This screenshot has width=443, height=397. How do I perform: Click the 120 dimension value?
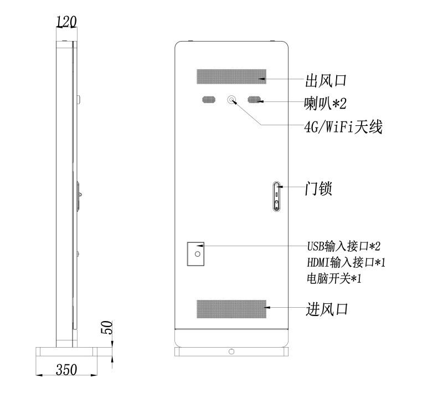click(66, 22)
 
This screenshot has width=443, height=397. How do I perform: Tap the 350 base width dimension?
click(66, 369)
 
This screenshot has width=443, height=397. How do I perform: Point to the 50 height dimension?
click(107, 327)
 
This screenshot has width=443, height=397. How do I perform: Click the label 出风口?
click(326, 80)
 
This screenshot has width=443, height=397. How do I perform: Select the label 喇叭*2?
click(325, 103)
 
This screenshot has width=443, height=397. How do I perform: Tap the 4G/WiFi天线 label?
click(343, 127)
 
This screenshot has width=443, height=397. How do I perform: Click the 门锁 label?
click(318, 189)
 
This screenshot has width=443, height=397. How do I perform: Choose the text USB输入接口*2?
click(344, 246)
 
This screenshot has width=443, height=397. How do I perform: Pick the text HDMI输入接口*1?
click(346, 262)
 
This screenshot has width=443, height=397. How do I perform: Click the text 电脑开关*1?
click(334, 278)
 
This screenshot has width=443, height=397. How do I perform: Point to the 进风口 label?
click(327, 309)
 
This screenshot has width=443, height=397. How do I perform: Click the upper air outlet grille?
click(231, 77)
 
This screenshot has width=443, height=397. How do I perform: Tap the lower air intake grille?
click(231, 309)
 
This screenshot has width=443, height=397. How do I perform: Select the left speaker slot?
click(209, 100)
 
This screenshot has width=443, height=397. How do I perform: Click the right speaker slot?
click(254, 100)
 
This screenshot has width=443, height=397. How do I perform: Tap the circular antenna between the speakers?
click(231, 100)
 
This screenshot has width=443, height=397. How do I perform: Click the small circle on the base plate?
click(231, 352)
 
